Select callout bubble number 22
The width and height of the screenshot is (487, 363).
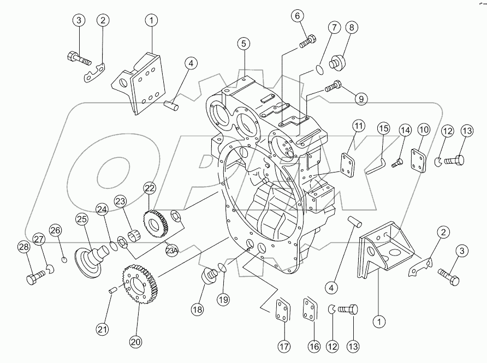pyautogui.click(x=150, y=188)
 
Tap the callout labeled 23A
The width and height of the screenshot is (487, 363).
pyautogui.click(x=172, y=251)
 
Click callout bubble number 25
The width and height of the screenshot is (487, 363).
pyautogui.click(x=81, y=219)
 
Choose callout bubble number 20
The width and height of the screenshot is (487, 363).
pyautogui.click(x=135, y=342)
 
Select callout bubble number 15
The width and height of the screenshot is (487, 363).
pyautogui.click(x=384, y=129)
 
